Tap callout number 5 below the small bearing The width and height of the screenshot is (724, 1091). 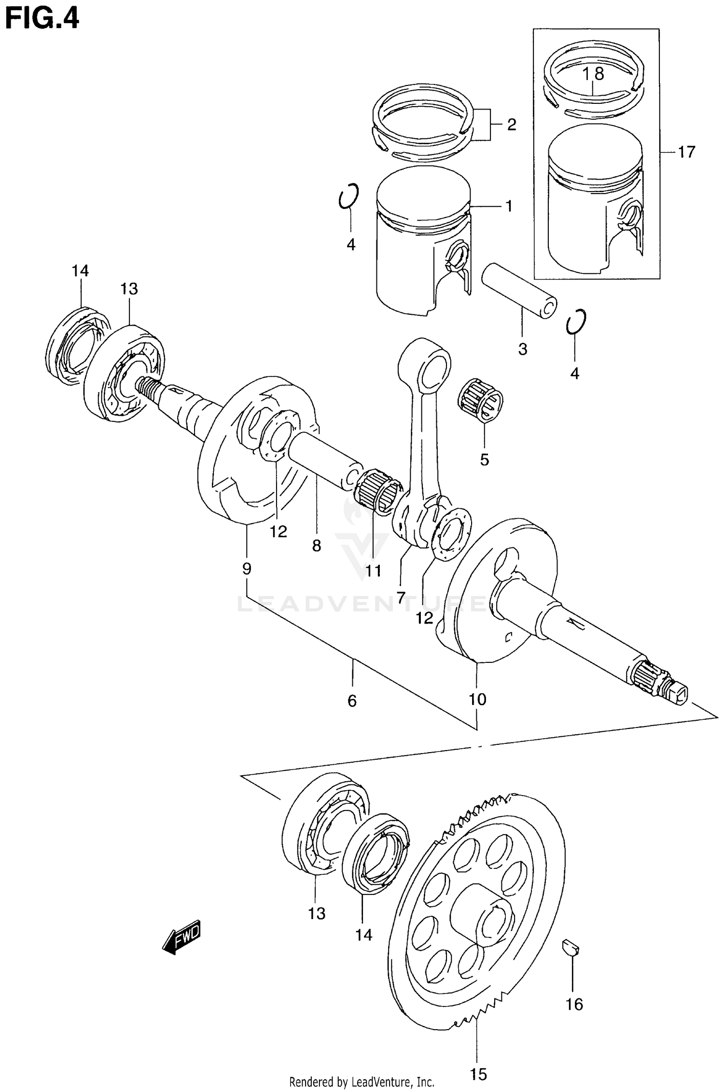click(484, 459)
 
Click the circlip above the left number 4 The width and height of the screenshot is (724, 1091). click(348, 196)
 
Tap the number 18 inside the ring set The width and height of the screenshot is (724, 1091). click(593, 74)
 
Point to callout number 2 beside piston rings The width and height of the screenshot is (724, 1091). click(511, 125)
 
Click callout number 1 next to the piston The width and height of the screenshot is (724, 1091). click(508, 206)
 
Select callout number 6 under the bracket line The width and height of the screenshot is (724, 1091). click(352, 700)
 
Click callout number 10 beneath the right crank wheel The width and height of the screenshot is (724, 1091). click(477, 699)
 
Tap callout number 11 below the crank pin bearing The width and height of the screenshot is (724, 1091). click(373, 571)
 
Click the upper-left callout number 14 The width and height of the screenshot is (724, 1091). click(81, 271)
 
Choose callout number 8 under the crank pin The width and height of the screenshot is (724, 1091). click(316, 545)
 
